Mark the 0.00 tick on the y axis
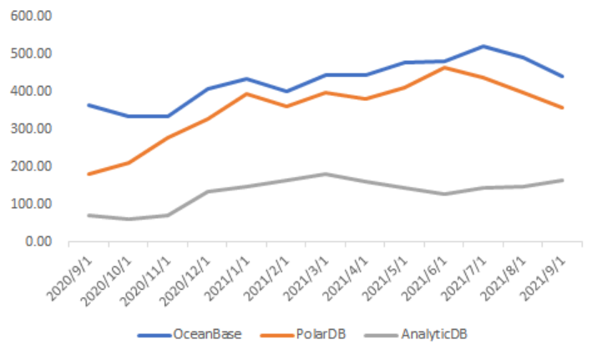tap(38, 241)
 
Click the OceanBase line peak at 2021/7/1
tap(484, 46)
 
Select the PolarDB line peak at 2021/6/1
tap(445, 68)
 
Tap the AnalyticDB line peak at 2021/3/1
tap(326, 174)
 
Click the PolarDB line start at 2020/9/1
tap(89, 174)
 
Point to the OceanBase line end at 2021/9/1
tap(563, 76)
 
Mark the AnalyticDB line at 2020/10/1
tap(128, 219)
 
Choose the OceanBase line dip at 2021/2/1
tap(286, 91)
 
